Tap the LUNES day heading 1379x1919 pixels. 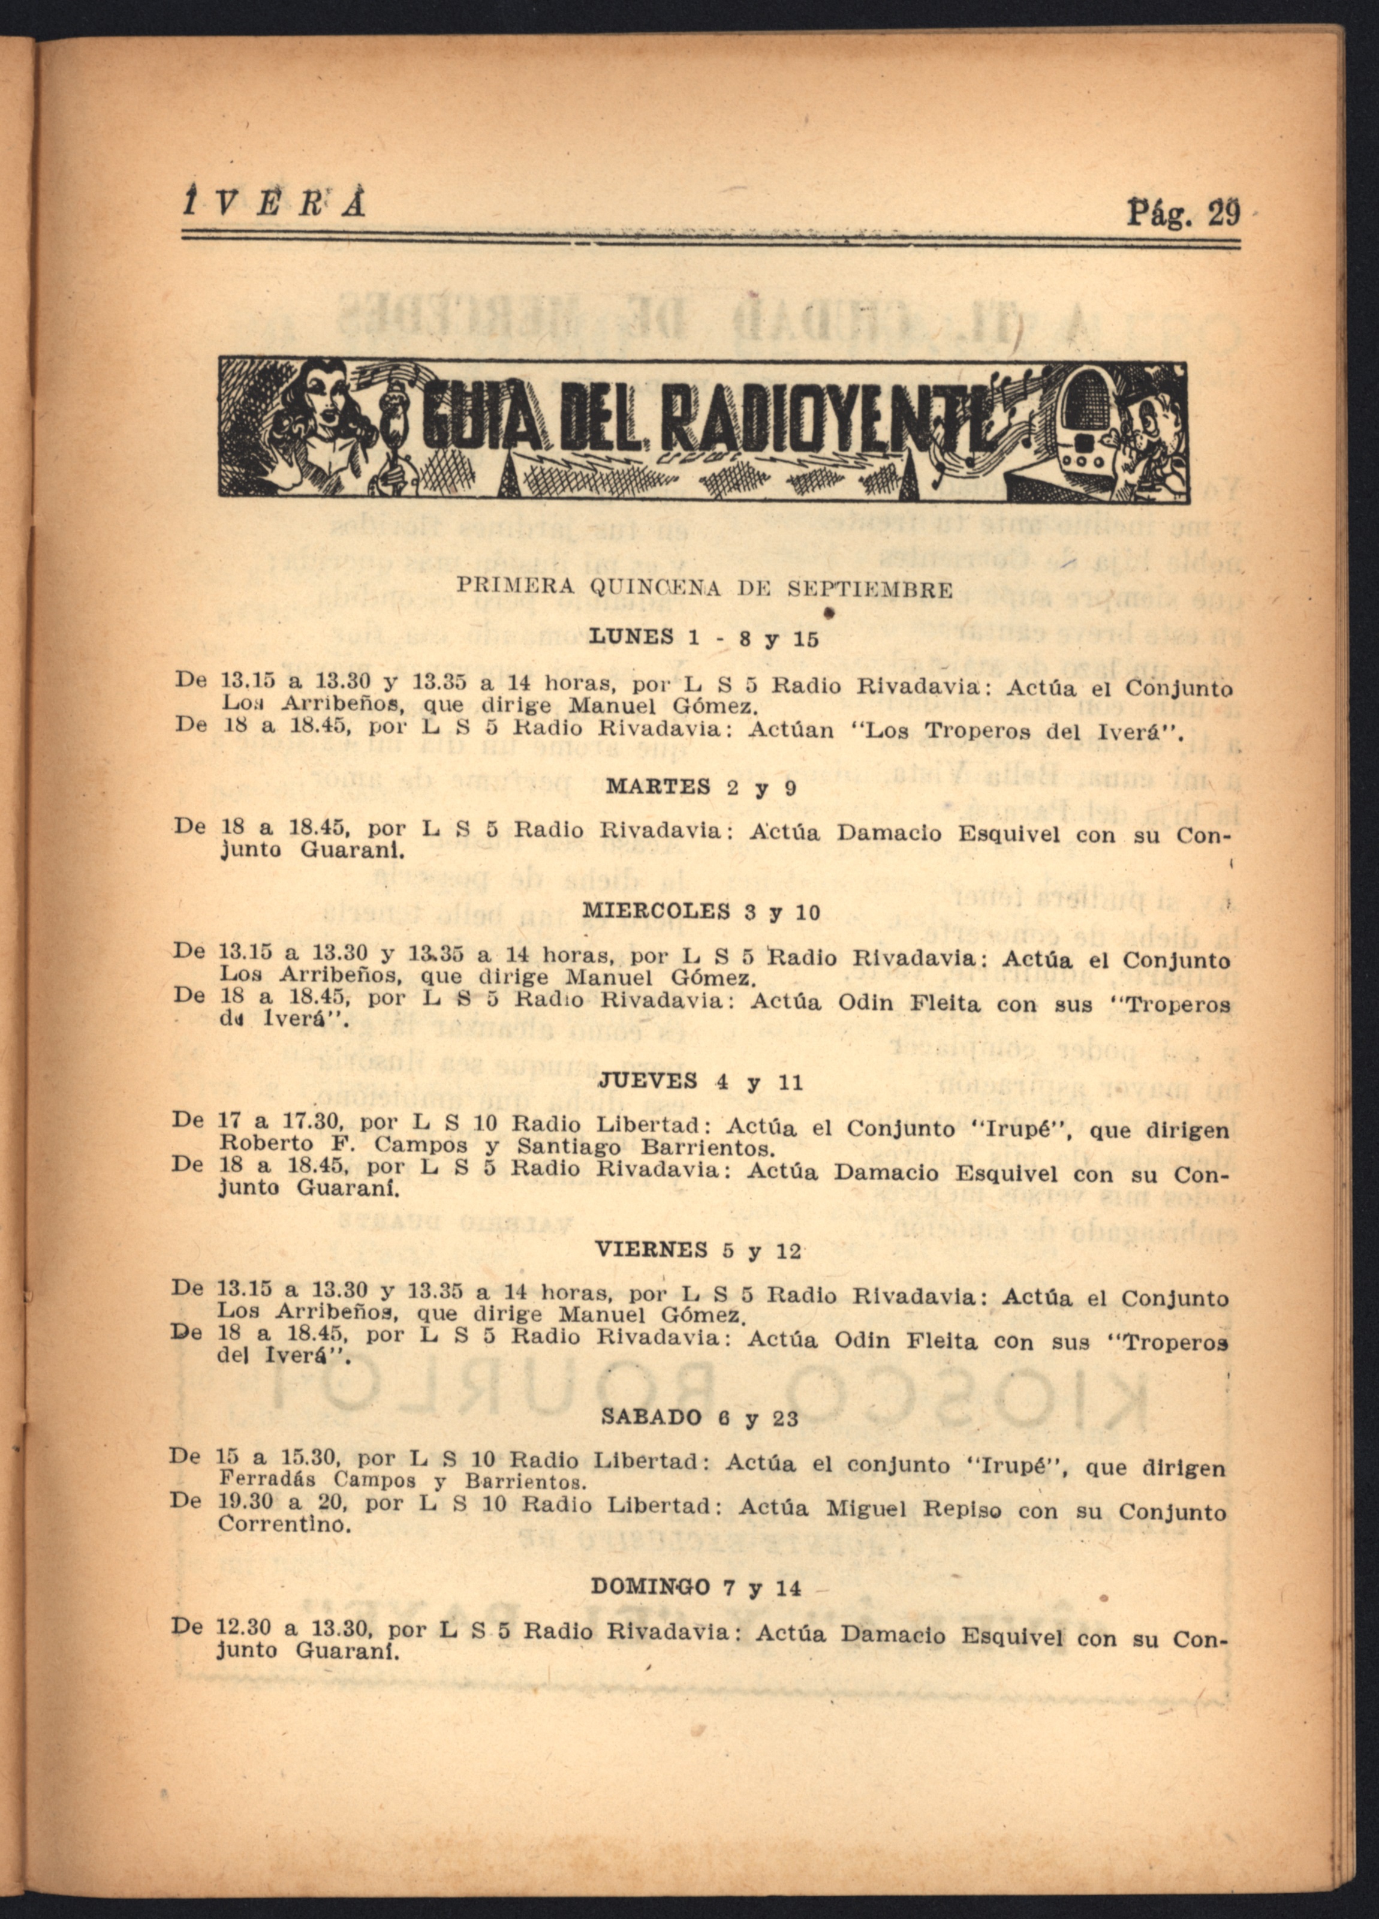click(x=630, y=636)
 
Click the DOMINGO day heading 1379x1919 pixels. click(x=650, y=1587)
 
